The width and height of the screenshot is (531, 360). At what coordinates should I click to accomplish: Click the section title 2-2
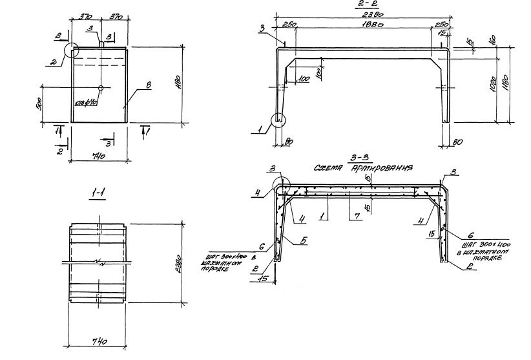362,5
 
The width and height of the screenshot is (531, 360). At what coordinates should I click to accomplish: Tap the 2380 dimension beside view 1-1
180,264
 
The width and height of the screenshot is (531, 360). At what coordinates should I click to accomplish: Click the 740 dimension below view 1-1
99,340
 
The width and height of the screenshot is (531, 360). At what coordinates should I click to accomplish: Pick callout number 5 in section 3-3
303,241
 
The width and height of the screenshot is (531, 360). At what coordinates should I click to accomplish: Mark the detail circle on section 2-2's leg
279,120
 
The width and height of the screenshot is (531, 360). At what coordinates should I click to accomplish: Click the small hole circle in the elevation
101,87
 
